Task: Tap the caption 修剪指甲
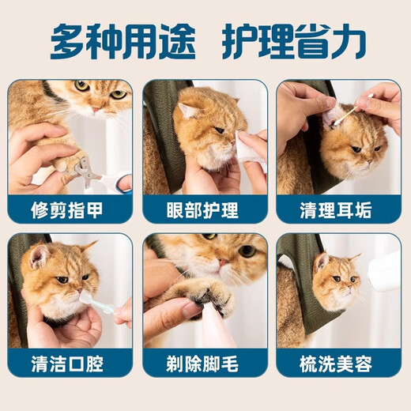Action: pos(70,210)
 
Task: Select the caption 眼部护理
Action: pos(205,210)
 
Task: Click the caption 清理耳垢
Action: pos(338,210)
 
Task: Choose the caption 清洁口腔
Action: pos(70,365)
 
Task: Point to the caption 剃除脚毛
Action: pos(205,365)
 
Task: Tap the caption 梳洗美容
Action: pos(338,365)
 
